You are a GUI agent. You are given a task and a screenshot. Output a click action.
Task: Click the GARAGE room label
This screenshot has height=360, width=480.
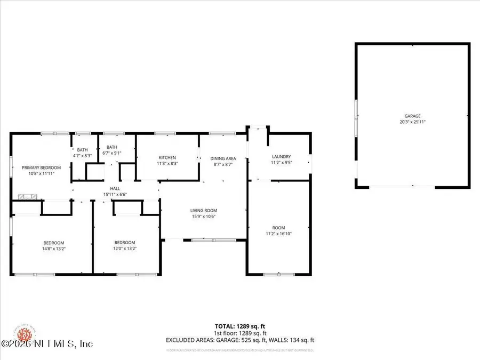pos(412,116)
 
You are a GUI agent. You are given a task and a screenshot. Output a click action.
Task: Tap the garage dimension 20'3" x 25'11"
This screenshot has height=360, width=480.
pos(412,122)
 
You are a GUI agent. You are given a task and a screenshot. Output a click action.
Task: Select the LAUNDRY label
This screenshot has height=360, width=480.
pos(280,156)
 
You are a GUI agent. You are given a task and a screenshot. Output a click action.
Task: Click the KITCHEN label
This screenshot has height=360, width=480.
pos(167,157)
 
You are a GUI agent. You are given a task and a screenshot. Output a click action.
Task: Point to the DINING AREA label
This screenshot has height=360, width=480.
pos(223,158)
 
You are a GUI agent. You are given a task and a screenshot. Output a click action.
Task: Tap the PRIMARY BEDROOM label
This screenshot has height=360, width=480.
pos(41,167)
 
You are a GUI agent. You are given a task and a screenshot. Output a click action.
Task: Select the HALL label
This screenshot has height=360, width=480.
pos(115,188)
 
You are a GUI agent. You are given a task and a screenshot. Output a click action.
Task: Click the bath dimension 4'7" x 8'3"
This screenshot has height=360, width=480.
pos(82,156)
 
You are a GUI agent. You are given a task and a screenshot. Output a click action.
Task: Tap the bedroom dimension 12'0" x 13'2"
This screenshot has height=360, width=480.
pos(124,248)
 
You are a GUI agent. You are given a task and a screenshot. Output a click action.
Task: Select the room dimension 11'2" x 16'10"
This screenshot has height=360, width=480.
pos(278,234)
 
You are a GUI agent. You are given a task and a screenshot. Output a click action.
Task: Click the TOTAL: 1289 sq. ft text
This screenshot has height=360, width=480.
pos(239,326)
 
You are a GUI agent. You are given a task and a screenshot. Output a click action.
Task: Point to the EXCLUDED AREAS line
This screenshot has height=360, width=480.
pos(239,340)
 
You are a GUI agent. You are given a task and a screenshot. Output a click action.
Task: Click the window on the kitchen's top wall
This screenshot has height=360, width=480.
pos(162,133)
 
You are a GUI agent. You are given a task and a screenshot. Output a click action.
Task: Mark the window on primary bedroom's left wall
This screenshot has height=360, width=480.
pos(11,166)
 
